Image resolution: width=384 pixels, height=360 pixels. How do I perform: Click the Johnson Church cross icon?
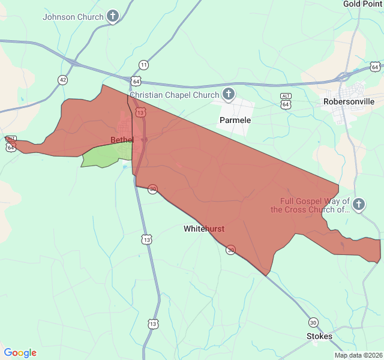coord(113,17)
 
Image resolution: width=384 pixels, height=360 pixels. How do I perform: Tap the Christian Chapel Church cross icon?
coord(228,94)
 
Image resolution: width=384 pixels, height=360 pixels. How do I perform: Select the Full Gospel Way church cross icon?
coord(358,205)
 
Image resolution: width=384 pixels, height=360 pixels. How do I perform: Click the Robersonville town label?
coord(349,101)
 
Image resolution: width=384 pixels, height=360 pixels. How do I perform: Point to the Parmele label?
coord(235,120)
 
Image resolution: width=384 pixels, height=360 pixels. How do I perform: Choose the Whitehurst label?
coord(204,229)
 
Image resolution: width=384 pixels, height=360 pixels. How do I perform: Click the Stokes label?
coord(319,337)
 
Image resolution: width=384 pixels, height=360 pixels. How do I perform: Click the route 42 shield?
coord(63,79)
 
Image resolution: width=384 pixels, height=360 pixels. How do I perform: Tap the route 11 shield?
coord(143,65)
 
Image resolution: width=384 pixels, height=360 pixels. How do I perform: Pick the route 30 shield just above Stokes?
coord(313,322)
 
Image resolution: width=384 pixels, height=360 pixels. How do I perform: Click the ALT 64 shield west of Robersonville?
coord(286,100)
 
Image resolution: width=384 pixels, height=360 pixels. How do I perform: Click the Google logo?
coord(20,353)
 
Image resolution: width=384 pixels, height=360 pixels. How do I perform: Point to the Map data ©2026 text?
coord(358,355)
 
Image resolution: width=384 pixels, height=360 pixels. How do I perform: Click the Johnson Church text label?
coord(73,17)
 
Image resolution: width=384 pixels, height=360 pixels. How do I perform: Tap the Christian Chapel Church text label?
coord(175,95)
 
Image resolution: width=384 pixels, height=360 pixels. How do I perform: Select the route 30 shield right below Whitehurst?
coord(230,250)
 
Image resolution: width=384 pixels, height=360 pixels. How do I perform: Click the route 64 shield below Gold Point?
coord(375,66)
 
